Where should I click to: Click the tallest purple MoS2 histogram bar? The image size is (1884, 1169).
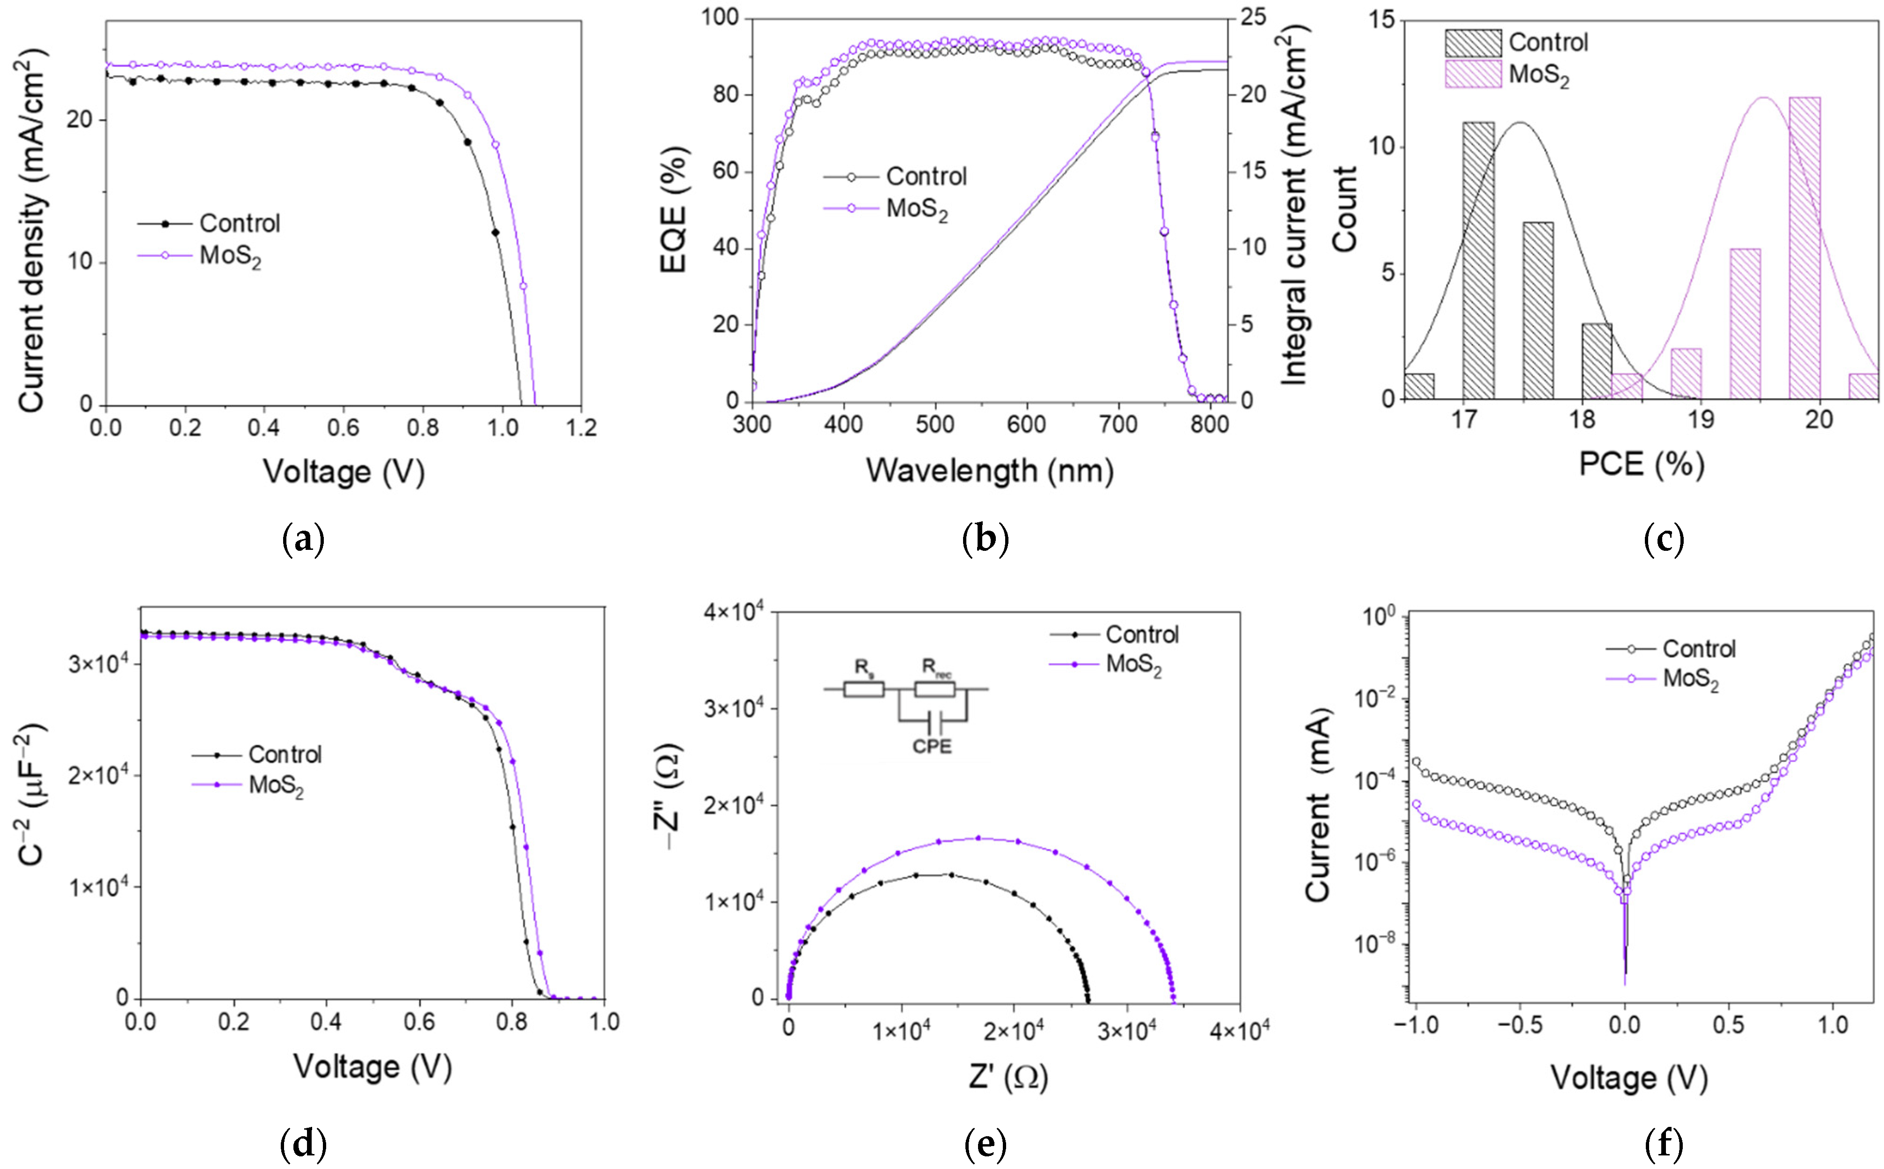(1804, 248)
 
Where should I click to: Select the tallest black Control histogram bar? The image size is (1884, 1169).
(1478, 261)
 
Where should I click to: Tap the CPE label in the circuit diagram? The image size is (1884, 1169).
(932, 746)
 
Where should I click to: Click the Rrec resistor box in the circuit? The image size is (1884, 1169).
(934, 689)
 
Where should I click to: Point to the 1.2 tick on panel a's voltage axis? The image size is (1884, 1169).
(581, 428)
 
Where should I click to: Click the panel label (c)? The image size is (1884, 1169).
(1663, 539)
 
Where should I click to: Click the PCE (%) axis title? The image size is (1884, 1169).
(1641, 464)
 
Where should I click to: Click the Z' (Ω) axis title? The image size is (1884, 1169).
(1008, 1076)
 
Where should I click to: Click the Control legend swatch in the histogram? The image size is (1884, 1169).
(1473, 43)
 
